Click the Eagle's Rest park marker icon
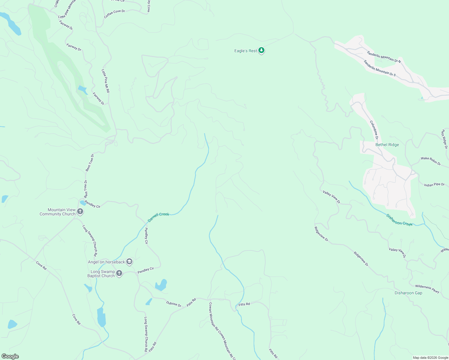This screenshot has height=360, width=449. pyautogui.click(x=261, y=50)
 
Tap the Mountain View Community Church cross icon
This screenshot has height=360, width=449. pyautogui.click(x=80, y=211)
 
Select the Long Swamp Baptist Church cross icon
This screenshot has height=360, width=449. pyautogui.click(x=119, y=273)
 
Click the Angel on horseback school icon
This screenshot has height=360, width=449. pyautogui.click(x=129, y=262)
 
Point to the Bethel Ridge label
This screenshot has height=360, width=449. pyautogui.click(x=387, y=145)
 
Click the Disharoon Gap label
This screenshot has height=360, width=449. pyautogui.click(x=408, y=293)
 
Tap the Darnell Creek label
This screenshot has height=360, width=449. pyautogui.click(x=158, y=217)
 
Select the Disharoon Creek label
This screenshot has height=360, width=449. pyautogui.click(x=399, y=220)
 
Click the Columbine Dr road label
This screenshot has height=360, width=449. pyautogui.click(x=374, y=130)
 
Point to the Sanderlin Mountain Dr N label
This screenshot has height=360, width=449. pyautogui.click(x=384, y=57)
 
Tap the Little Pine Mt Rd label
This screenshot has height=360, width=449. pyautogui.click(x=105, y=81)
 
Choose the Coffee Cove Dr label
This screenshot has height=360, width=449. pyautogui.click(x=114, y=14)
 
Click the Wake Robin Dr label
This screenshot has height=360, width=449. pyautogui.click(x=431, y=161)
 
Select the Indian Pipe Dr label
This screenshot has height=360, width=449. pyautogui.click(x=434, y=185)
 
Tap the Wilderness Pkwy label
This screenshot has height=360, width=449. pyautogui.click(x=427, y=289)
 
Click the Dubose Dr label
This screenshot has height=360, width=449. pyautogui.click(x=174, y=304)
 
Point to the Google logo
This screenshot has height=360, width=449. pyautogui.click(x=10, y=356)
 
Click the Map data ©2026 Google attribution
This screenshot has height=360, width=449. pyautogui.click(x=430, y=358)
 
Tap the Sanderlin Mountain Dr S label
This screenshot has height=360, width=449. pyautogui.click(x=380, y=68)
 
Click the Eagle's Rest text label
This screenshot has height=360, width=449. pyautogui.click(x=246, y=51)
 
